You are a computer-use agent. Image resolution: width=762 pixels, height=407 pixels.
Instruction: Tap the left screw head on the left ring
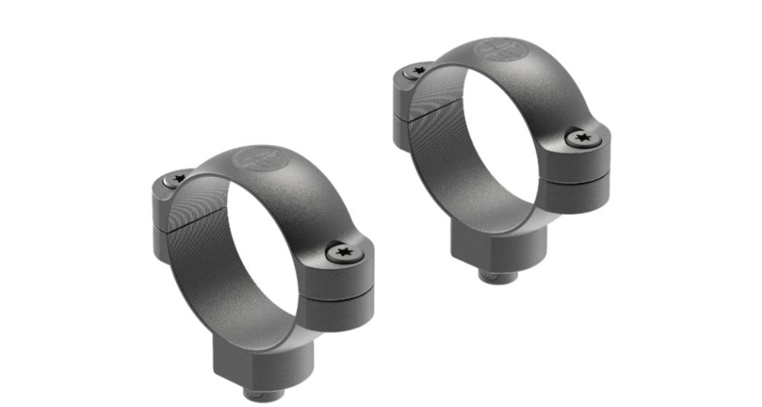pyautogui.click(x=178, y=180)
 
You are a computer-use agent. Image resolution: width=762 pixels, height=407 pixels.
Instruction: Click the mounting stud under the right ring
pyautogui.click(x=500, y=274)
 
